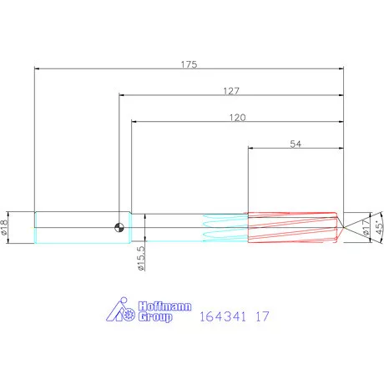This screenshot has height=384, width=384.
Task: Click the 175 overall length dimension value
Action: tap(188, 63)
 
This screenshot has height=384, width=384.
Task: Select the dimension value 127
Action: tap(231, 90)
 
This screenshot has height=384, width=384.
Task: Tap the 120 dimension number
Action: tap(237, 118)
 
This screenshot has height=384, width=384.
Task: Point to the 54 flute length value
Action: tap(296, 144)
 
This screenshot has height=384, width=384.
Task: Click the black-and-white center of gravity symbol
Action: tap(119, 227)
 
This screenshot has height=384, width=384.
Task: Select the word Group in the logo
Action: tap(155, 317)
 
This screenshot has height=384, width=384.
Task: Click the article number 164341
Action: tap(223, 317)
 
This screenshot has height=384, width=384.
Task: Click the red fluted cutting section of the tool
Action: tap(292, 227)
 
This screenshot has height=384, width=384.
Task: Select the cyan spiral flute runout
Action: tap(224, 227)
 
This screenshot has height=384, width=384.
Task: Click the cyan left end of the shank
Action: tap(36, 227)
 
